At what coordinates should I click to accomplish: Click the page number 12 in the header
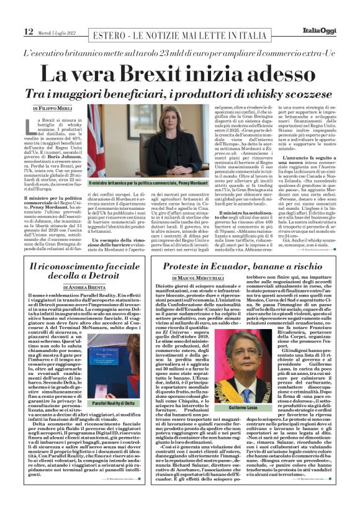(29, 32)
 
